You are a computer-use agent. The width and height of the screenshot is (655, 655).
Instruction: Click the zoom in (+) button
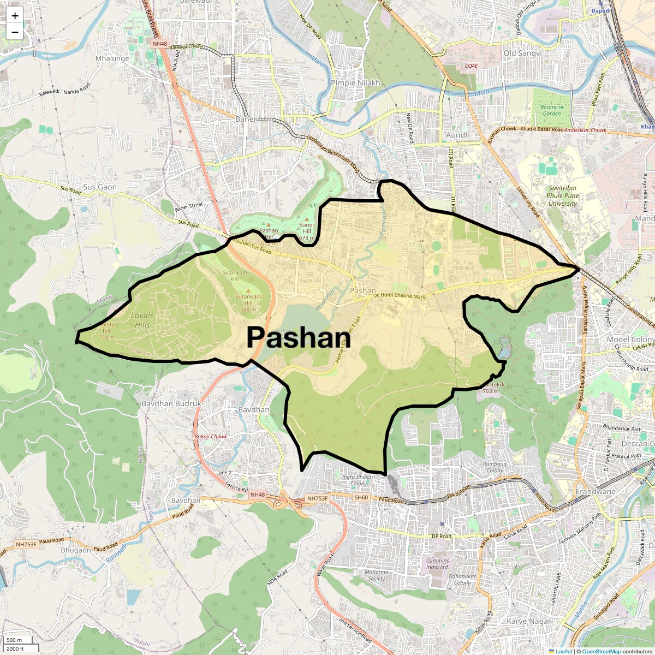click(15, 16)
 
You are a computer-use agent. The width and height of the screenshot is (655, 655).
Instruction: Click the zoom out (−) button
click(15, 32)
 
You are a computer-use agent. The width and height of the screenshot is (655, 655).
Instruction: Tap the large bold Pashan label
click(298, 338)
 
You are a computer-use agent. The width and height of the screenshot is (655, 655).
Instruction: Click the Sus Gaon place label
click(100, 187)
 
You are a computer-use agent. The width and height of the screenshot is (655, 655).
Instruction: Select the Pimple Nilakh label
click(355, 83)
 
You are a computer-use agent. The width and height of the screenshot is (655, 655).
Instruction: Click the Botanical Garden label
click(551, 110)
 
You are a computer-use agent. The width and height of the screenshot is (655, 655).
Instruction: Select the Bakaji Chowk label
click(211, 437)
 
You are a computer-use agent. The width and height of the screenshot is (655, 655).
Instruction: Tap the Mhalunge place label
click(112, 58)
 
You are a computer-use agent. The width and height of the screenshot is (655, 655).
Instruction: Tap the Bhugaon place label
click(76, 550)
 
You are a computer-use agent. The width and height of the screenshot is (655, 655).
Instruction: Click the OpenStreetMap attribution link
click(601, 651)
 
